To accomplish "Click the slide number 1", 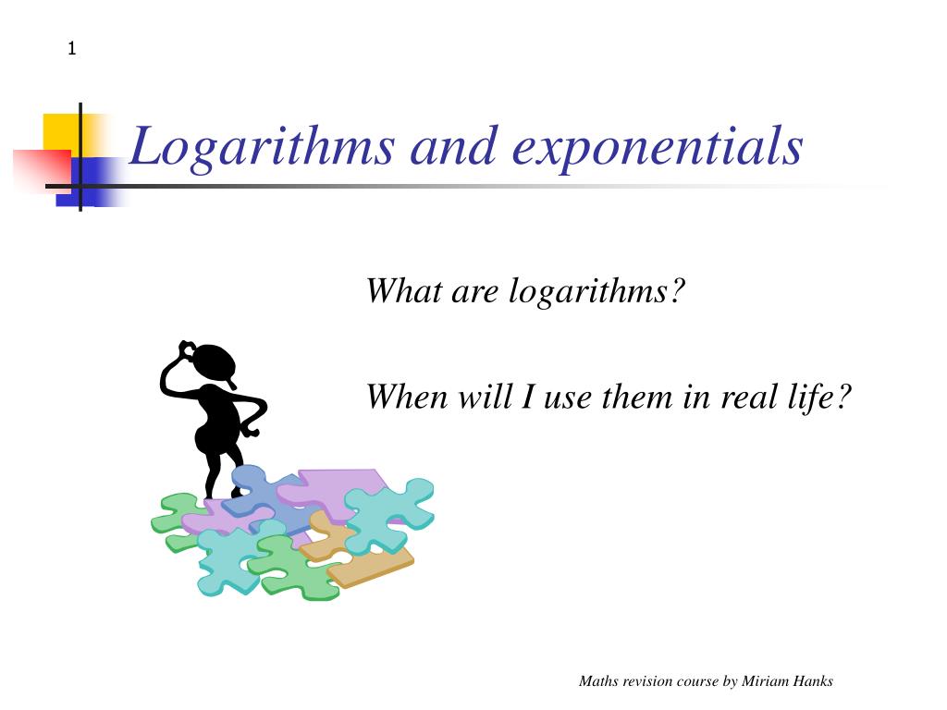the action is coord(72,48).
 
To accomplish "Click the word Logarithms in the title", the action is coord(262,147).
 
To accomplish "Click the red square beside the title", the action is coord(43,171).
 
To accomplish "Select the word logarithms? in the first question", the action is coord(596,292).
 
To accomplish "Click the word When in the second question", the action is coord(407,397).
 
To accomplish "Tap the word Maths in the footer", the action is coord(598,681).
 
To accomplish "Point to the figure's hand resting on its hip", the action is coord(252,431).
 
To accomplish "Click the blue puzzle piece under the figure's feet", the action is coord(265,496).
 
